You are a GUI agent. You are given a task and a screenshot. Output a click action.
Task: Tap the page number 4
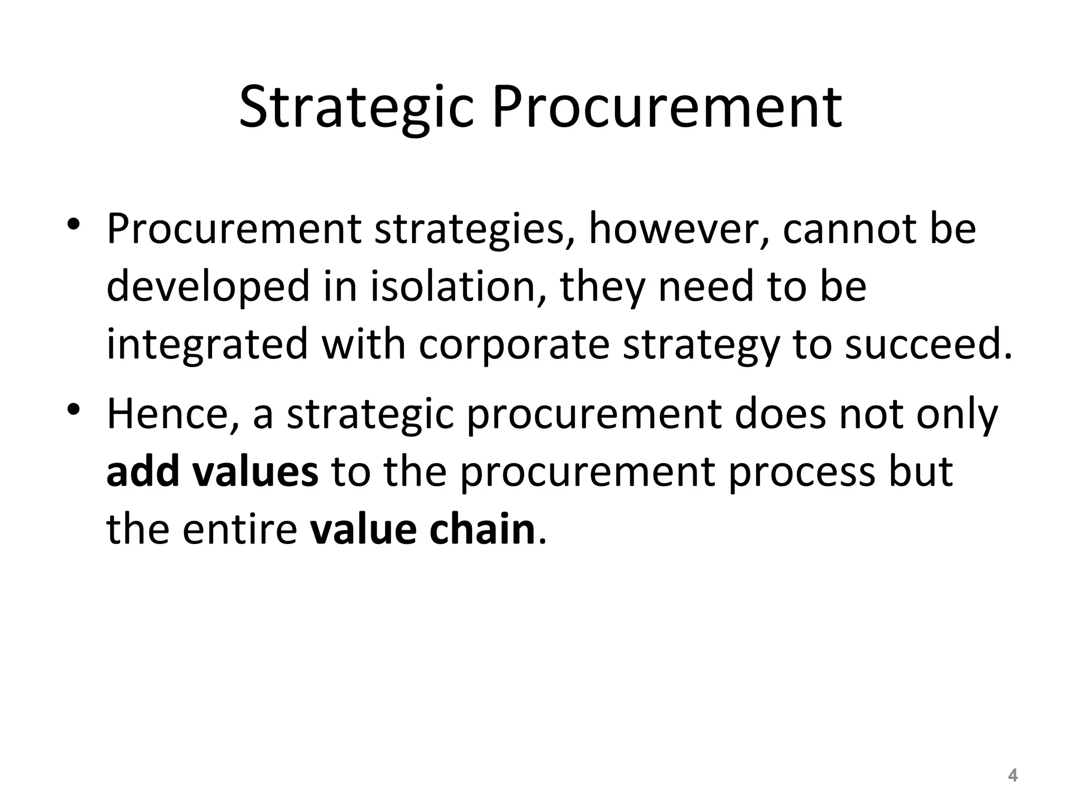[x=1013, y=776]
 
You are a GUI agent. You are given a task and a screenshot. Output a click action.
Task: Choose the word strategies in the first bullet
[x=470, y=229]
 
